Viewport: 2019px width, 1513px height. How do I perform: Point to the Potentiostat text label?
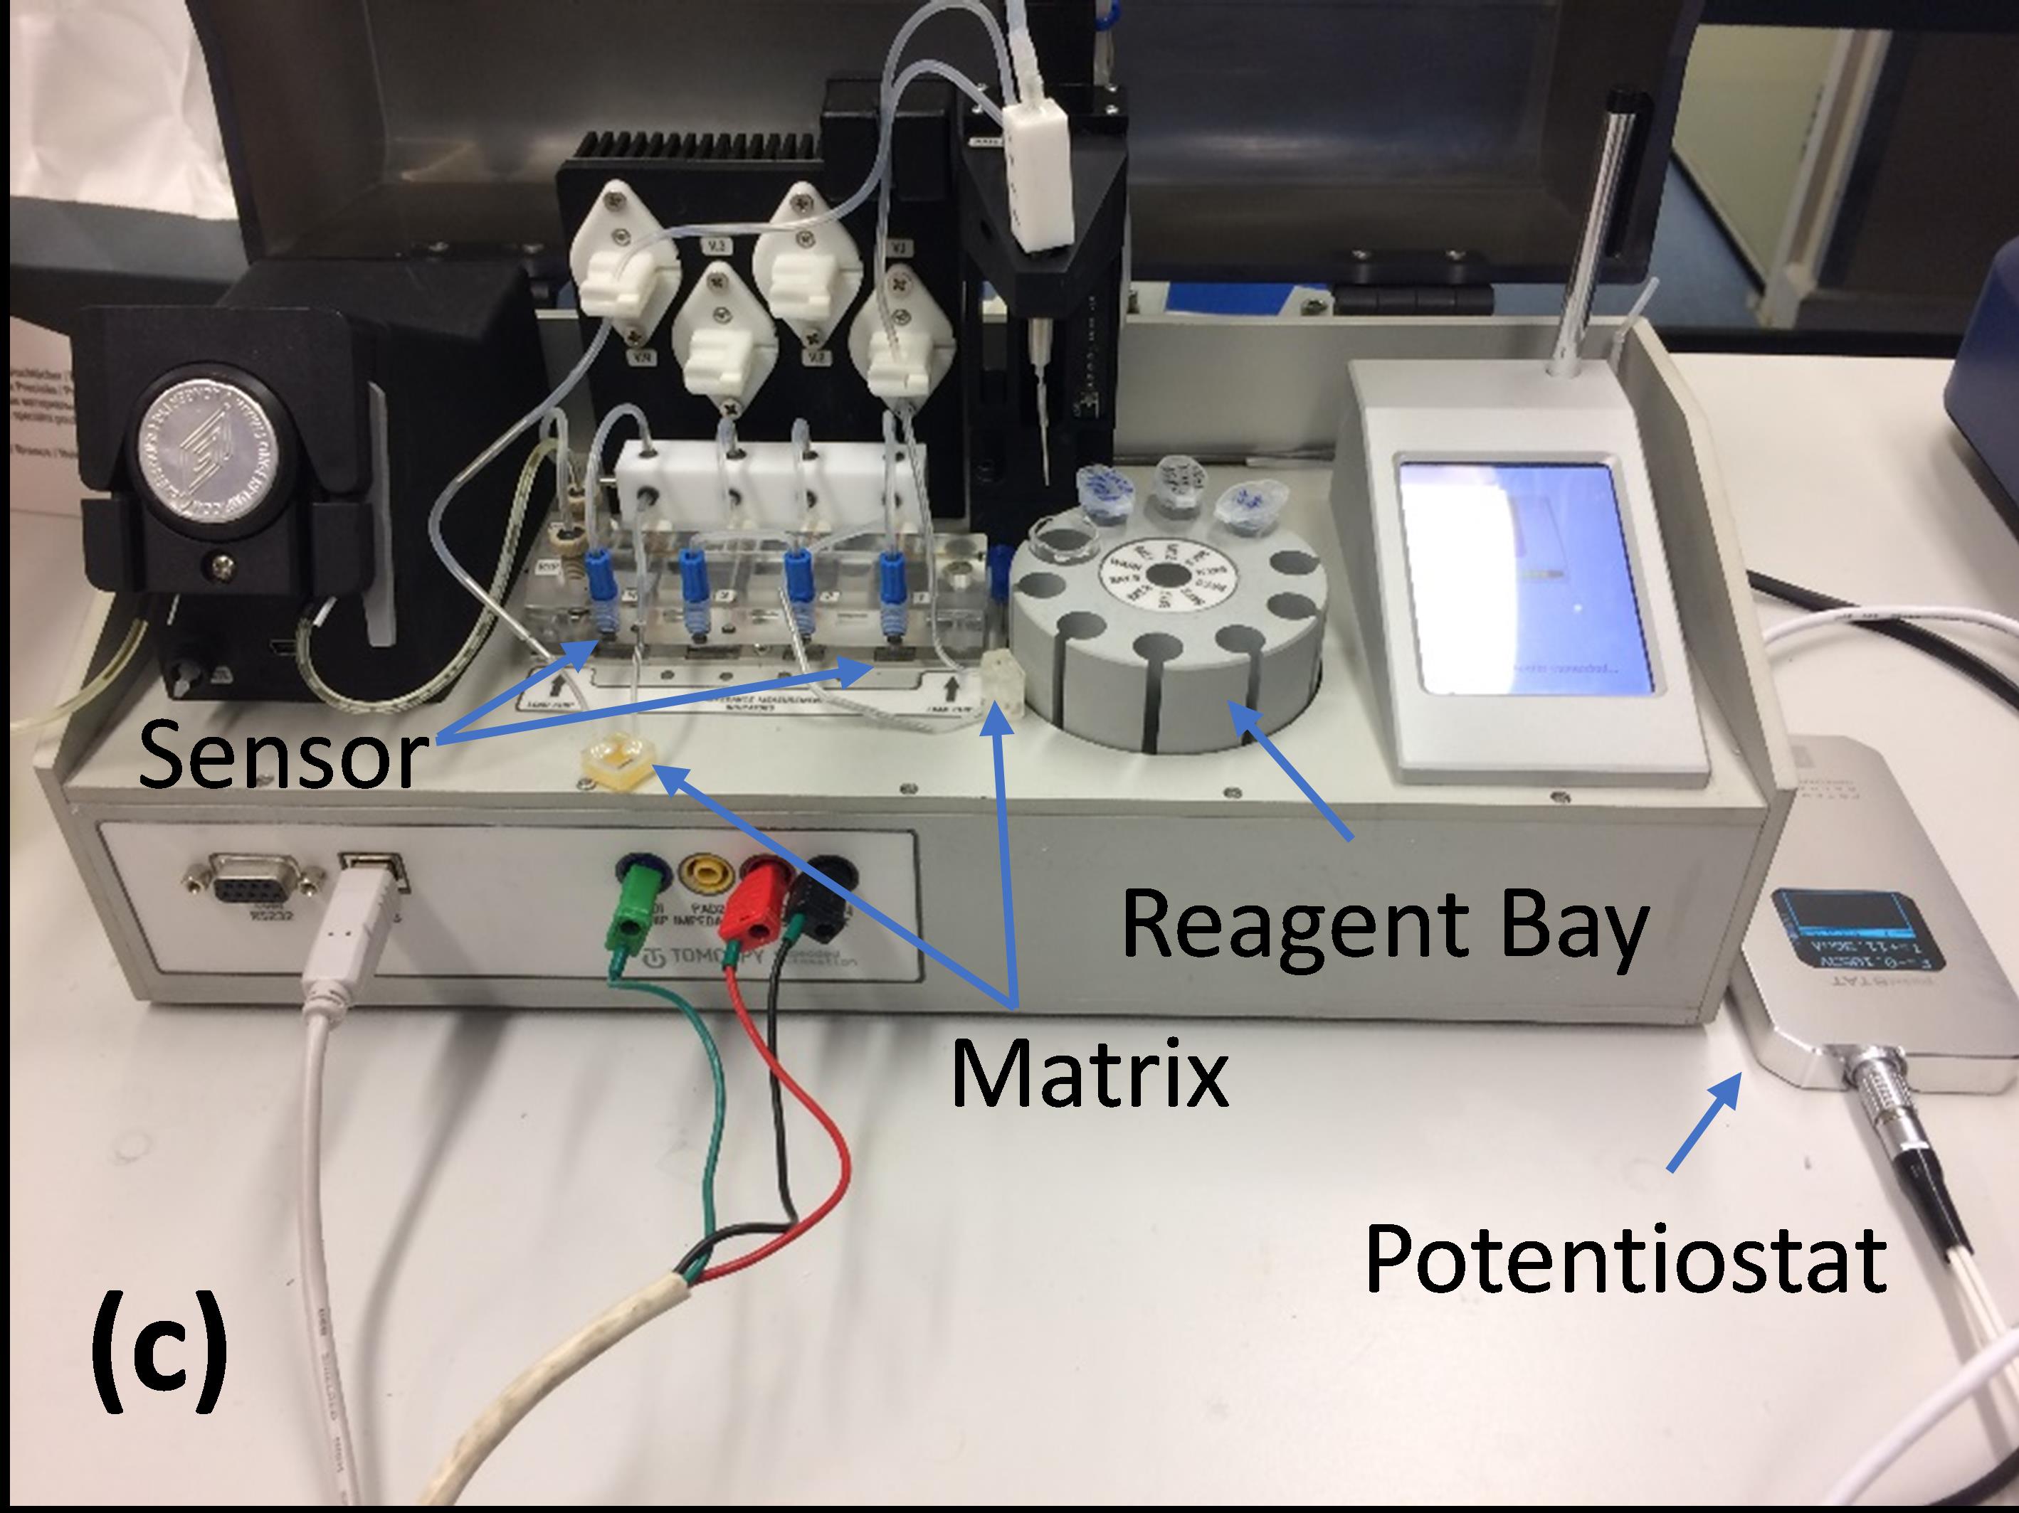point(1625,1258)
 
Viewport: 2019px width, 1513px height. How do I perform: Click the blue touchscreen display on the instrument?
point(1525,577)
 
